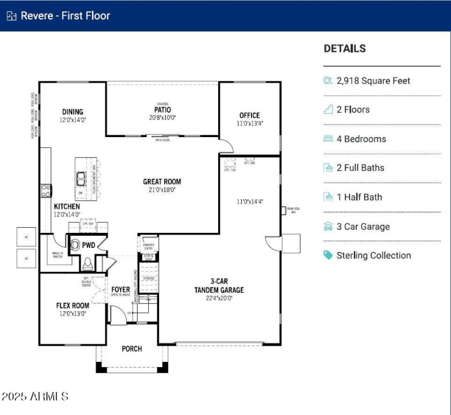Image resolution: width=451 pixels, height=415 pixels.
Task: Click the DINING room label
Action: coord(73,112)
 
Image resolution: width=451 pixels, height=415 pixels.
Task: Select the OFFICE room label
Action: coord(249,116)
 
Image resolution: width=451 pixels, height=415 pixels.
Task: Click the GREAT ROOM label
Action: coord(162,182)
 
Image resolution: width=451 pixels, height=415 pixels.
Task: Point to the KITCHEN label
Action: coord(67,207)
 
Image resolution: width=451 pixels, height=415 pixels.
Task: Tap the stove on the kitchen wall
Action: coord(45,191)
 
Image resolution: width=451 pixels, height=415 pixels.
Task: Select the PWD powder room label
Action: coord(89,245)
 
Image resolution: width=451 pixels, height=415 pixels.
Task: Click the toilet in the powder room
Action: coord(87,263)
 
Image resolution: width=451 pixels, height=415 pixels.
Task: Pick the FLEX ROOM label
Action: coord(72,306)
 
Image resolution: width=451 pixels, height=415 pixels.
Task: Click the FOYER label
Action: coord(121,290)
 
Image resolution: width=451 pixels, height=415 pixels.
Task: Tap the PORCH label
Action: coord(132,348)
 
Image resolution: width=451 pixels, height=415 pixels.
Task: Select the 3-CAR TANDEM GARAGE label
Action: coord(220,285)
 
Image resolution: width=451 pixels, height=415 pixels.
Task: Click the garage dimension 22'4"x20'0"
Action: coord(220,298)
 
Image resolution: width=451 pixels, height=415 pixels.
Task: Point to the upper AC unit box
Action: coord(26,237)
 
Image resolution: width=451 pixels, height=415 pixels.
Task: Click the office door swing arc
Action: coord(227,147)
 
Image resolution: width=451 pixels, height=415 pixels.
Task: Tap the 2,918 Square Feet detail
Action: coord(373,81)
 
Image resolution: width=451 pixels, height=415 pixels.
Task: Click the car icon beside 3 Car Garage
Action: coord(328,227)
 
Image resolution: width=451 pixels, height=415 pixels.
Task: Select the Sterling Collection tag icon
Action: coord(328,255)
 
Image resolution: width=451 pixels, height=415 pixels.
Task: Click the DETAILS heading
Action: coord(344,48)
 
